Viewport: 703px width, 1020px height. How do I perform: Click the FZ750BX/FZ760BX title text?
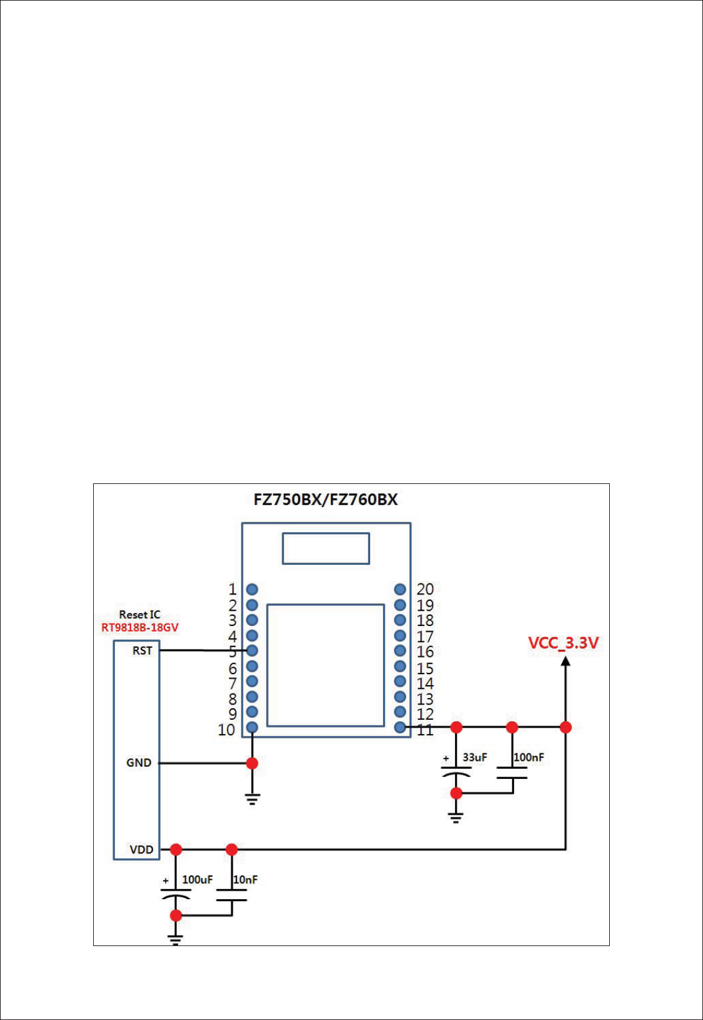click(x=325, y=499)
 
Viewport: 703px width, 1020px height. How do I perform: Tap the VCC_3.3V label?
click(x=563, y=643)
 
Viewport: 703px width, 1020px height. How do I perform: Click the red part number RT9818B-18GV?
click(x=139, y=627)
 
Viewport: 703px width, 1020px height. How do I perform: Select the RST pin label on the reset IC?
click(x=142, y=650)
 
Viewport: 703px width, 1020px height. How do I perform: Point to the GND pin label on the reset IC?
click(x=139, y=763)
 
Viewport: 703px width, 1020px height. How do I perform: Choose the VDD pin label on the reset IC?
click(x=141, y=850)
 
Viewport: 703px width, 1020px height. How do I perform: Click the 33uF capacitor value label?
click(x=475, y=757)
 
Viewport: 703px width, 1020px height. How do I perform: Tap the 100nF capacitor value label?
click(x=529, y=757)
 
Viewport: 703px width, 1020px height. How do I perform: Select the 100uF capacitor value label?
click(x=197, y=879)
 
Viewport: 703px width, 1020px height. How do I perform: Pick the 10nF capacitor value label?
click(x=245, y=879)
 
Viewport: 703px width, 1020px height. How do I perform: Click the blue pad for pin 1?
click(x=252, y=589)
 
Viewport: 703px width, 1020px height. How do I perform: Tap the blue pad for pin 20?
click(x=400, y=589)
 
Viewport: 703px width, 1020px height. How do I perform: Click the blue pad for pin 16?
click(x=400, y=651)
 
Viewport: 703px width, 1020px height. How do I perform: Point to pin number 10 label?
click(x=226, y=729)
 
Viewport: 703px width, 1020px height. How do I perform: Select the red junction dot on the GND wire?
click(x=252, y=763)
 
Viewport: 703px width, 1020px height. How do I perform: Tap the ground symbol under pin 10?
click(x=252, y=799)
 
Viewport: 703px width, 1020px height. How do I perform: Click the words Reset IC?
click(x=139, y=614)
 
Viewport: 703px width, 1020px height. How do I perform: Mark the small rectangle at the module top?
click(x=326, y=548)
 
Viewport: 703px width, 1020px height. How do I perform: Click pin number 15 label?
click(x=425, y=668)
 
